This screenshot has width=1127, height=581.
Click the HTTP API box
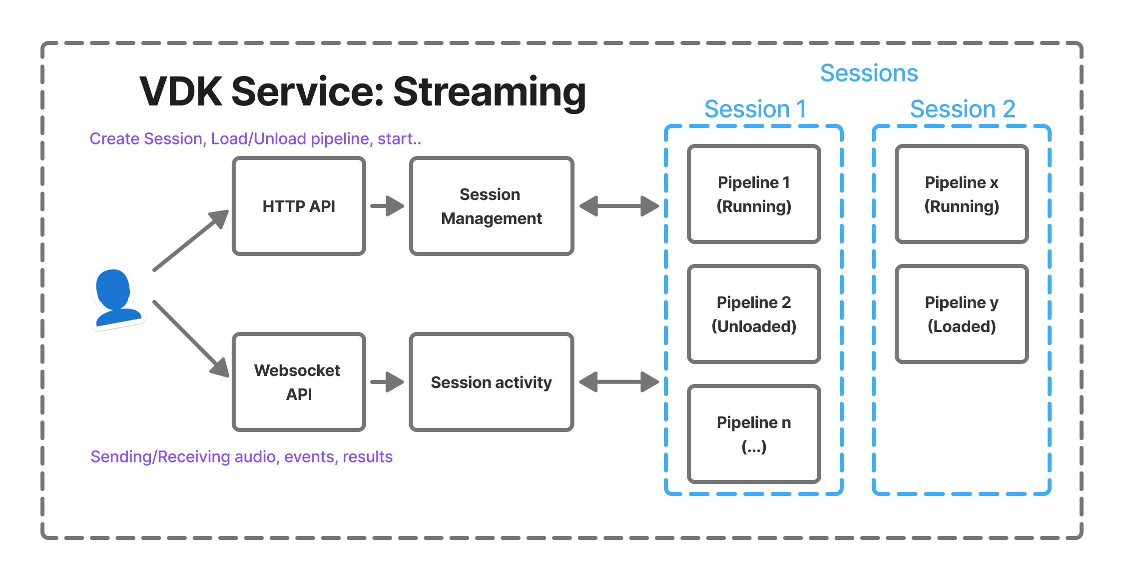[x=299, y=206]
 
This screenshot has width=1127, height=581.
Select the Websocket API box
[x=299, y=382]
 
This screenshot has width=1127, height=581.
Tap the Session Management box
[x=491, y=206]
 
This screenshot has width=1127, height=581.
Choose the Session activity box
[x=491, y=382]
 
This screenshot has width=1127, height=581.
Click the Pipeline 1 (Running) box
[x=754, y=194]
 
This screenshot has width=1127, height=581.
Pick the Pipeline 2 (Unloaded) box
[x=754, y=314]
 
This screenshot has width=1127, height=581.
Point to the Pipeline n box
[x=754, y=433]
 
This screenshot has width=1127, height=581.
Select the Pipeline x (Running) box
[x=962, y=194]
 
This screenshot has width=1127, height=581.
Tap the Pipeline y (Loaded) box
[x=962, y=314]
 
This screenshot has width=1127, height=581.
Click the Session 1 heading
[x=755, y=109]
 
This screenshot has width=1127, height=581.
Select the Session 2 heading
[x=963, y=109]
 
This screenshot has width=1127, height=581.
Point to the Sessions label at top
[x=869, y=73]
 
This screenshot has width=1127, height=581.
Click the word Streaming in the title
[x=490, y=92]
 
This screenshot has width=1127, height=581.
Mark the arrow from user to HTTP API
[x=190, y=240]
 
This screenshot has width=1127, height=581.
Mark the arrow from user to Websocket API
[x=190, y=338]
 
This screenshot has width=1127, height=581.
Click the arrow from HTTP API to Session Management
[x=387, y=206]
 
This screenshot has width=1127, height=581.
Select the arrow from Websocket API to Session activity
[x=387, y=382]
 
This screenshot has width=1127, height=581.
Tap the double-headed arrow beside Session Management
[x=619, y=206]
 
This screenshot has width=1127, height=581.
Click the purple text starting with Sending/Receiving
[x=241, y=456]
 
